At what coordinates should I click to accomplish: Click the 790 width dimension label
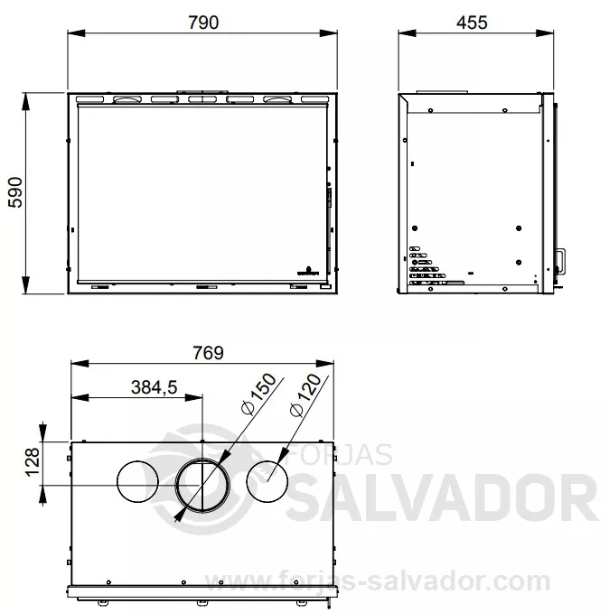(x=203, y=23)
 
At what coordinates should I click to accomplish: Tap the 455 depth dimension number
(x=472, y=23)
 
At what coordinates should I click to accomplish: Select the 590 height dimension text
(x=16, y=192)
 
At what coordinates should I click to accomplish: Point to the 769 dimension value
(x=208, y=353)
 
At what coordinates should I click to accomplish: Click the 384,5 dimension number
(x=155, y=387)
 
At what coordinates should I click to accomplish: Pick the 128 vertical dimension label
(x=33, y=461)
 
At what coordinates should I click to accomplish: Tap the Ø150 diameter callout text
(x=258, y=394)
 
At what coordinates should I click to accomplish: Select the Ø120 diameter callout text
(x=305, y=395)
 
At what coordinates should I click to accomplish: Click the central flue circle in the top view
(x=202, y=459)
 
